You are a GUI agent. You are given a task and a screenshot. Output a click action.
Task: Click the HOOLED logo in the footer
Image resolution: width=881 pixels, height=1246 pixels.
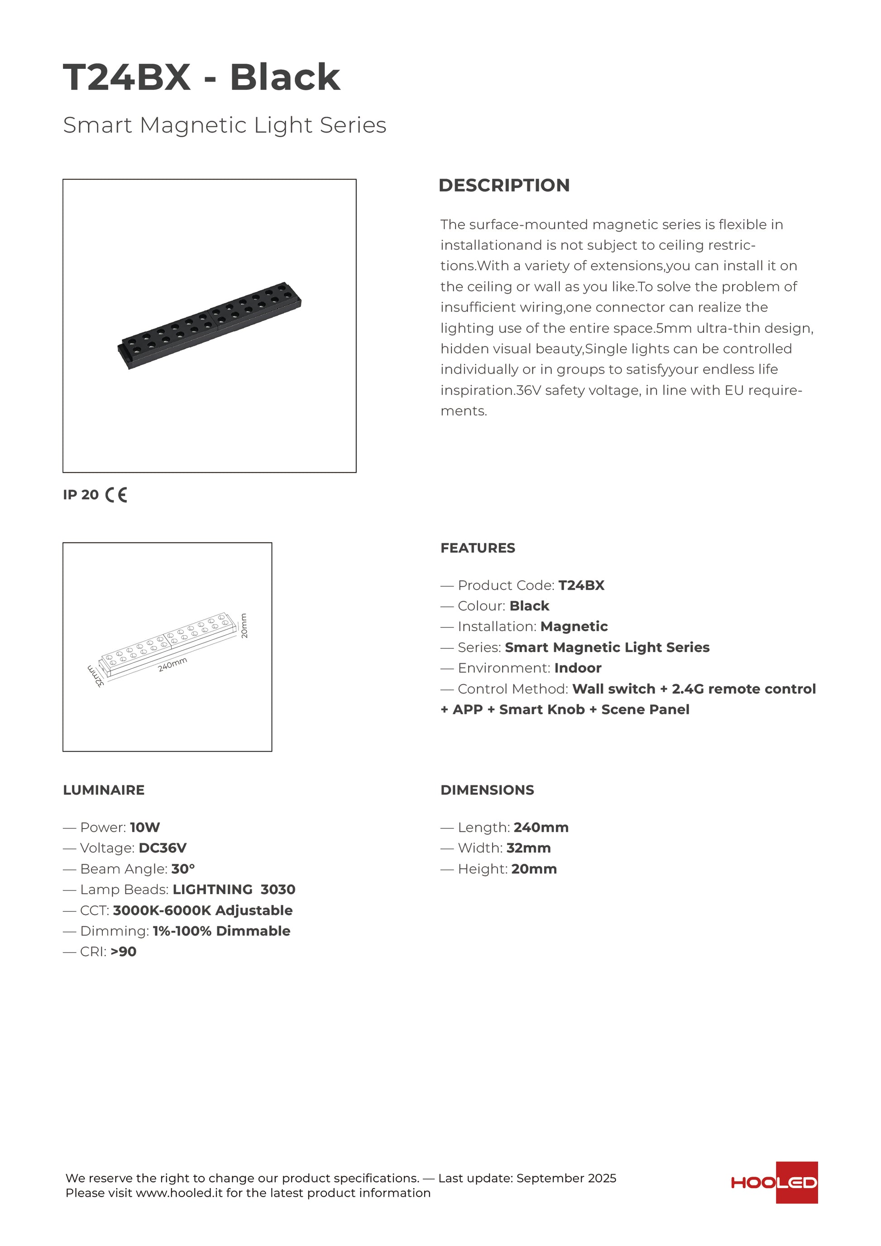[774, 1183]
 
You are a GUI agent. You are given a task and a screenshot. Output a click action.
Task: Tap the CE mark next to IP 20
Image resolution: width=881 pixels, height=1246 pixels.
[116, 495]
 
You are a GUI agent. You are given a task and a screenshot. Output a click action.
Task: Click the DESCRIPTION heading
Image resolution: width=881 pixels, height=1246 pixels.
[504, 185]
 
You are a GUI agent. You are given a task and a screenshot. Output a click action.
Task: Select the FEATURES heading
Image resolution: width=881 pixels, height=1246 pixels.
[477, 548]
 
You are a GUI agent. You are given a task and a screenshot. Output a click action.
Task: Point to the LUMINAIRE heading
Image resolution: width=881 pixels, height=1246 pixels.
[104, 790]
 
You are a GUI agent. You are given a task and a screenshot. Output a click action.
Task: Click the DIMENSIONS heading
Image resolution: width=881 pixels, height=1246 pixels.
[487, 790]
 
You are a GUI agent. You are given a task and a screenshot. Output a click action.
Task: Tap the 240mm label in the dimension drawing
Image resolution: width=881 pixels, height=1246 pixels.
[172, 664]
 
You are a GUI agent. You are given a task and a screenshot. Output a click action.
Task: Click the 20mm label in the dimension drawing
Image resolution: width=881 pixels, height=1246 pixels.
[244, 626]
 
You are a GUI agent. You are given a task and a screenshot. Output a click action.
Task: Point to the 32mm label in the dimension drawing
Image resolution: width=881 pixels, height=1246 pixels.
[96, 676]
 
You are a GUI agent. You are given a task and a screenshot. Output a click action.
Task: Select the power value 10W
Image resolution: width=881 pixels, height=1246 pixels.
[145, 828]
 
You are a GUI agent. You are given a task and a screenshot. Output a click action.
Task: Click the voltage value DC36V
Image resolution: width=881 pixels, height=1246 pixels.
[162, 848]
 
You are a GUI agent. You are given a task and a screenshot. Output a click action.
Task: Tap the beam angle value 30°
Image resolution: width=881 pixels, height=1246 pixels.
[183, 869]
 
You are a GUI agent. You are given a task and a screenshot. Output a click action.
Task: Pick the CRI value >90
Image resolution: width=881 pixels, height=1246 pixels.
[123, 952]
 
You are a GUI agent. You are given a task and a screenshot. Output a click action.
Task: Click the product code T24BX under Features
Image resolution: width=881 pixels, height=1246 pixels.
[581, 585]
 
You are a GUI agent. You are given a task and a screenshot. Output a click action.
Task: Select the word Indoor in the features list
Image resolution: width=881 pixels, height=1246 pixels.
[578, 668]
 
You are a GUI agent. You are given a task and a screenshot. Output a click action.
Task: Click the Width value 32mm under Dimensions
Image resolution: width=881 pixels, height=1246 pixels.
[528, 848]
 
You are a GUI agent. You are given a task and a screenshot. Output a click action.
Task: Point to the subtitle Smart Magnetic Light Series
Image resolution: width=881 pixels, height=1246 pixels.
[225, 125]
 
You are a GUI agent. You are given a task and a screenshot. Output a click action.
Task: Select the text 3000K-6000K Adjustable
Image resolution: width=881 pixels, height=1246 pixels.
[202, 911]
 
